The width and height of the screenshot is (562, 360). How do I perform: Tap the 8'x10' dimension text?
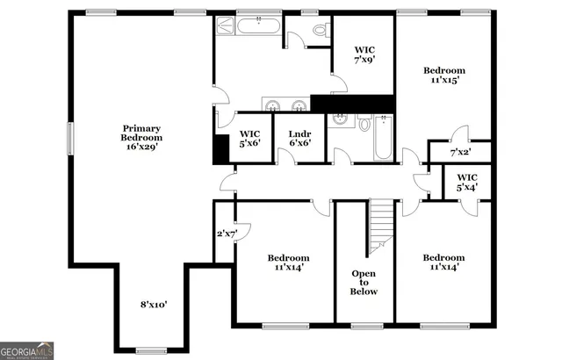[154, 305]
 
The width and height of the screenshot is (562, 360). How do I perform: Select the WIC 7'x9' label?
[365, 55]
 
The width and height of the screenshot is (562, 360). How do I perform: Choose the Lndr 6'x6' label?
[300, 139]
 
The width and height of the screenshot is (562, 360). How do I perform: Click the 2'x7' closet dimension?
[227, 234]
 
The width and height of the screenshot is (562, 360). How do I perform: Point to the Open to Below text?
[364, 282]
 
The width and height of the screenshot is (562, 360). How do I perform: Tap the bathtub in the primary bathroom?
[256, 25]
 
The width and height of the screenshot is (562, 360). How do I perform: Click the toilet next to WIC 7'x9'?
[320, 31]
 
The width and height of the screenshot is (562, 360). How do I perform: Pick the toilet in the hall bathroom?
[364, 126]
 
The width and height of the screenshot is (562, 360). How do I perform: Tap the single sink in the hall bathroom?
[339, 121]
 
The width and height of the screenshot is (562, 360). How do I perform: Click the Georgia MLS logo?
[27, 350]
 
